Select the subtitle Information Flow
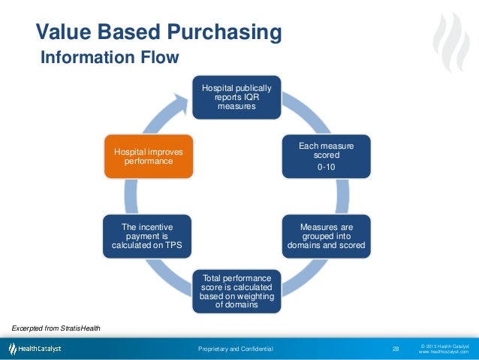tap(109, 58)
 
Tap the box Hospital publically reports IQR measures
tap(236, 97)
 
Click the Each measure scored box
tap(326, 156)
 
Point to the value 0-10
tap(327, 167)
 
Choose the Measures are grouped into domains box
tap(326, 236)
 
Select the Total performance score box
tap(236, 291)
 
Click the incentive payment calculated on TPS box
tap(147, 236)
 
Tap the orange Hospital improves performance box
tap(147, 156)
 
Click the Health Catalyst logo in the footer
tap(35, 349)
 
